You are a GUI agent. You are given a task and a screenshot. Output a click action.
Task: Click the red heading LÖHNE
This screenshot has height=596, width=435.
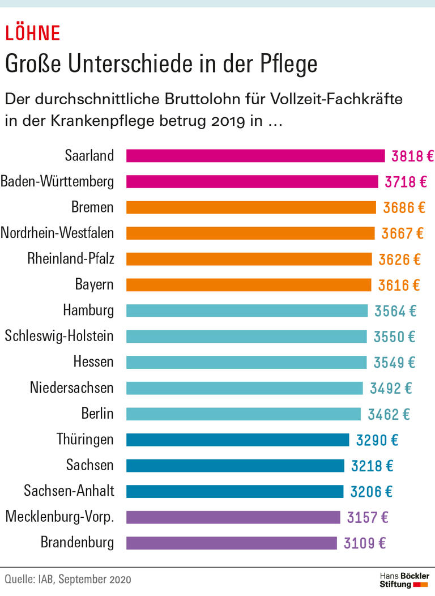point(32,33)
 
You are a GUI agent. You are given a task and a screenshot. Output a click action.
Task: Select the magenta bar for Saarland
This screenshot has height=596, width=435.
point(255,156)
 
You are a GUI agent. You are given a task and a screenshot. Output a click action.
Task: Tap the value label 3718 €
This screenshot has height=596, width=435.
point(406,182)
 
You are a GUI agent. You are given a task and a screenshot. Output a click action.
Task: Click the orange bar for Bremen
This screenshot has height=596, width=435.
point(251,207)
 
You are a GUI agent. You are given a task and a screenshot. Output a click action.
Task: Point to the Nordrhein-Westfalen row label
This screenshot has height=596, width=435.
point(57,233)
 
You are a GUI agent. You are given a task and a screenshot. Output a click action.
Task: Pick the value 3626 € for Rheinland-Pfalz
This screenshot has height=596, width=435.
point(399,259)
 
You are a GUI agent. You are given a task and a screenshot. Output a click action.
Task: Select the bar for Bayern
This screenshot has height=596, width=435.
point(249,285)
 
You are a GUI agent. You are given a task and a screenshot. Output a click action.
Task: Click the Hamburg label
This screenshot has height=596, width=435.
point(88,310)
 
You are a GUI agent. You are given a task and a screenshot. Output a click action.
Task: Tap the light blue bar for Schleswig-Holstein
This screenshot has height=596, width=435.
point(246,337)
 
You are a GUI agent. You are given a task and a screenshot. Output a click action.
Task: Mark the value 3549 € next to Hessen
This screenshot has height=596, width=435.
point(394,362)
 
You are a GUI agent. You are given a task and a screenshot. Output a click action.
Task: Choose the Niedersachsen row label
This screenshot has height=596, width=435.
point(71,388)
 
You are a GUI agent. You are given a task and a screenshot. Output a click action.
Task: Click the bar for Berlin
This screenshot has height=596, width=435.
point(244,414)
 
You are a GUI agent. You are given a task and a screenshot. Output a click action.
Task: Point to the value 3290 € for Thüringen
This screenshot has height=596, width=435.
point(377,440)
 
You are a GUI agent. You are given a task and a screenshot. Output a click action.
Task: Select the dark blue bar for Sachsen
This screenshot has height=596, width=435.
point(235,466)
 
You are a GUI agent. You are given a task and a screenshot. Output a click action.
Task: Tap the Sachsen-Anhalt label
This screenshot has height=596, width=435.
point(69,491)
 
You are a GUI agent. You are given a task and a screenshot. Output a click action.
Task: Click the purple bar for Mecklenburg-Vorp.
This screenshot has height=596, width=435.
point(233,517)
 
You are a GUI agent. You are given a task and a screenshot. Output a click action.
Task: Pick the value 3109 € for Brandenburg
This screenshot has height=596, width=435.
point(365,543)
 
